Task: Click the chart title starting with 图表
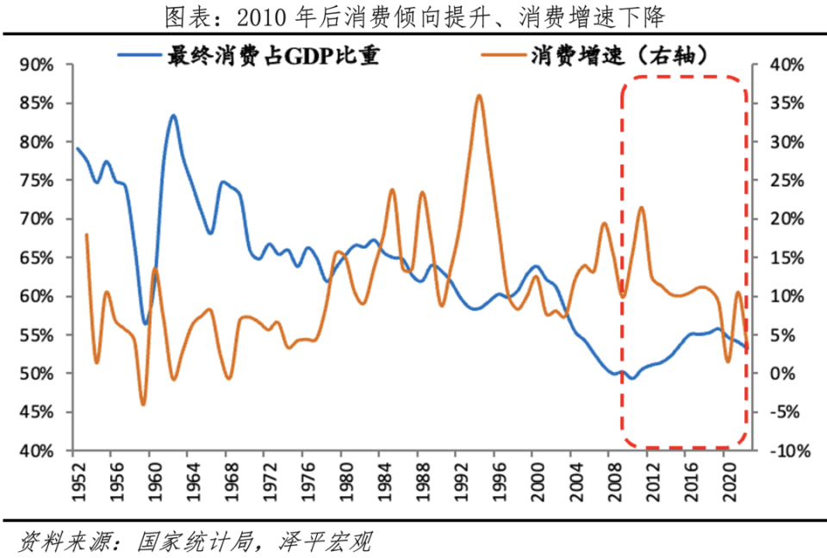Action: pyautogui.click(x=413, y=16)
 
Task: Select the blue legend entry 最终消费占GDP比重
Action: pyautogui.click(x=250, y=57)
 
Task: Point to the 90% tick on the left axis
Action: pyautogui.click(x=37, y=65)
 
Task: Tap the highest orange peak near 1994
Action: pyautogui.click(x=479, y=96)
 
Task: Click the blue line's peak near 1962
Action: pyautogui.click(x=173, y=115)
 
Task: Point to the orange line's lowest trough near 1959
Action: pyautogui.click(x=143, y=404)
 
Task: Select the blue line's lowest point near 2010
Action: pyautogui.click(x=631, y=378)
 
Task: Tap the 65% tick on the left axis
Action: pyautogui.click(x=37, y=257)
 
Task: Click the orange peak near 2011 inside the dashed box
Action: pyautogui.click(x=641, y=208)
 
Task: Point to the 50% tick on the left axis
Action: pyautogui.click(x=37, y=374)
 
